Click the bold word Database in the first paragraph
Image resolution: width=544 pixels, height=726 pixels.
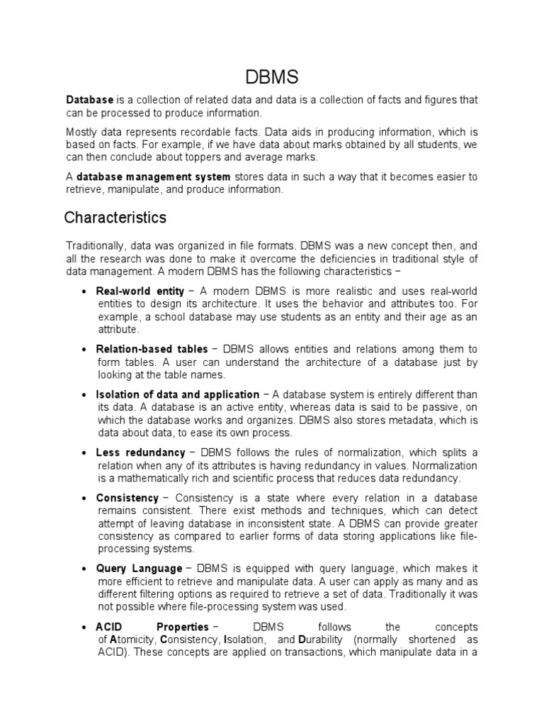click(x=90, y=101)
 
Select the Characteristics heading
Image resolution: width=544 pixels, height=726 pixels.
click(x=115, y=217)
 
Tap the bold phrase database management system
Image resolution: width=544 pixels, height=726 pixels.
click(x=153, y=177)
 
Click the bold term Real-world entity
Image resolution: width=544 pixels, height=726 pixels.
click(x=140, y=291)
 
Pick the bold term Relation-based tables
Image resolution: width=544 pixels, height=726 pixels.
click(x=152, y=349)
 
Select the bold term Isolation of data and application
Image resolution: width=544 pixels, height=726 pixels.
click(x=177, y=394)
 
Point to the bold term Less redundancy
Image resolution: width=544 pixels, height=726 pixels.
click(x=140, y=452)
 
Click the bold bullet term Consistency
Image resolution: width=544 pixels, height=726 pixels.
click(x=127, y=498)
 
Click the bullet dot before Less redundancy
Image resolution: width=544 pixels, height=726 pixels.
click(x=84, y=453)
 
